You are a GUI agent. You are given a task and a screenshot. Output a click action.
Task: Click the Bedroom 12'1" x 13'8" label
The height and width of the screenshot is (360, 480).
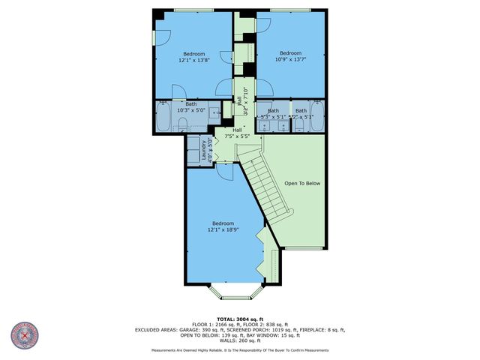click(193, 56)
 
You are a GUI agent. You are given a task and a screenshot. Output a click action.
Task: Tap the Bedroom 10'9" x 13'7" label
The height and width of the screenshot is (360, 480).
click(290, 56)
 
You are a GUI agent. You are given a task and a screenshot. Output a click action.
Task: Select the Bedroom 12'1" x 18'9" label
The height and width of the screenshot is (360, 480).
click(223, 226)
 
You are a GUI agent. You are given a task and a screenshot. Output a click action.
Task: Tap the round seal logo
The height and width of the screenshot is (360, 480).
click(26, 335)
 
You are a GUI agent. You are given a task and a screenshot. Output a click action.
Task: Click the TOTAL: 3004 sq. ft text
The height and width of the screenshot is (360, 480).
click(239, 319)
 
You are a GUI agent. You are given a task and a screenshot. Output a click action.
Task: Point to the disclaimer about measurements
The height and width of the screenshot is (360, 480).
click(239, 350)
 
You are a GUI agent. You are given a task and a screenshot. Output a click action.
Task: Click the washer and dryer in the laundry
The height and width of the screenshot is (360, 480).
click(194, 150)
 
